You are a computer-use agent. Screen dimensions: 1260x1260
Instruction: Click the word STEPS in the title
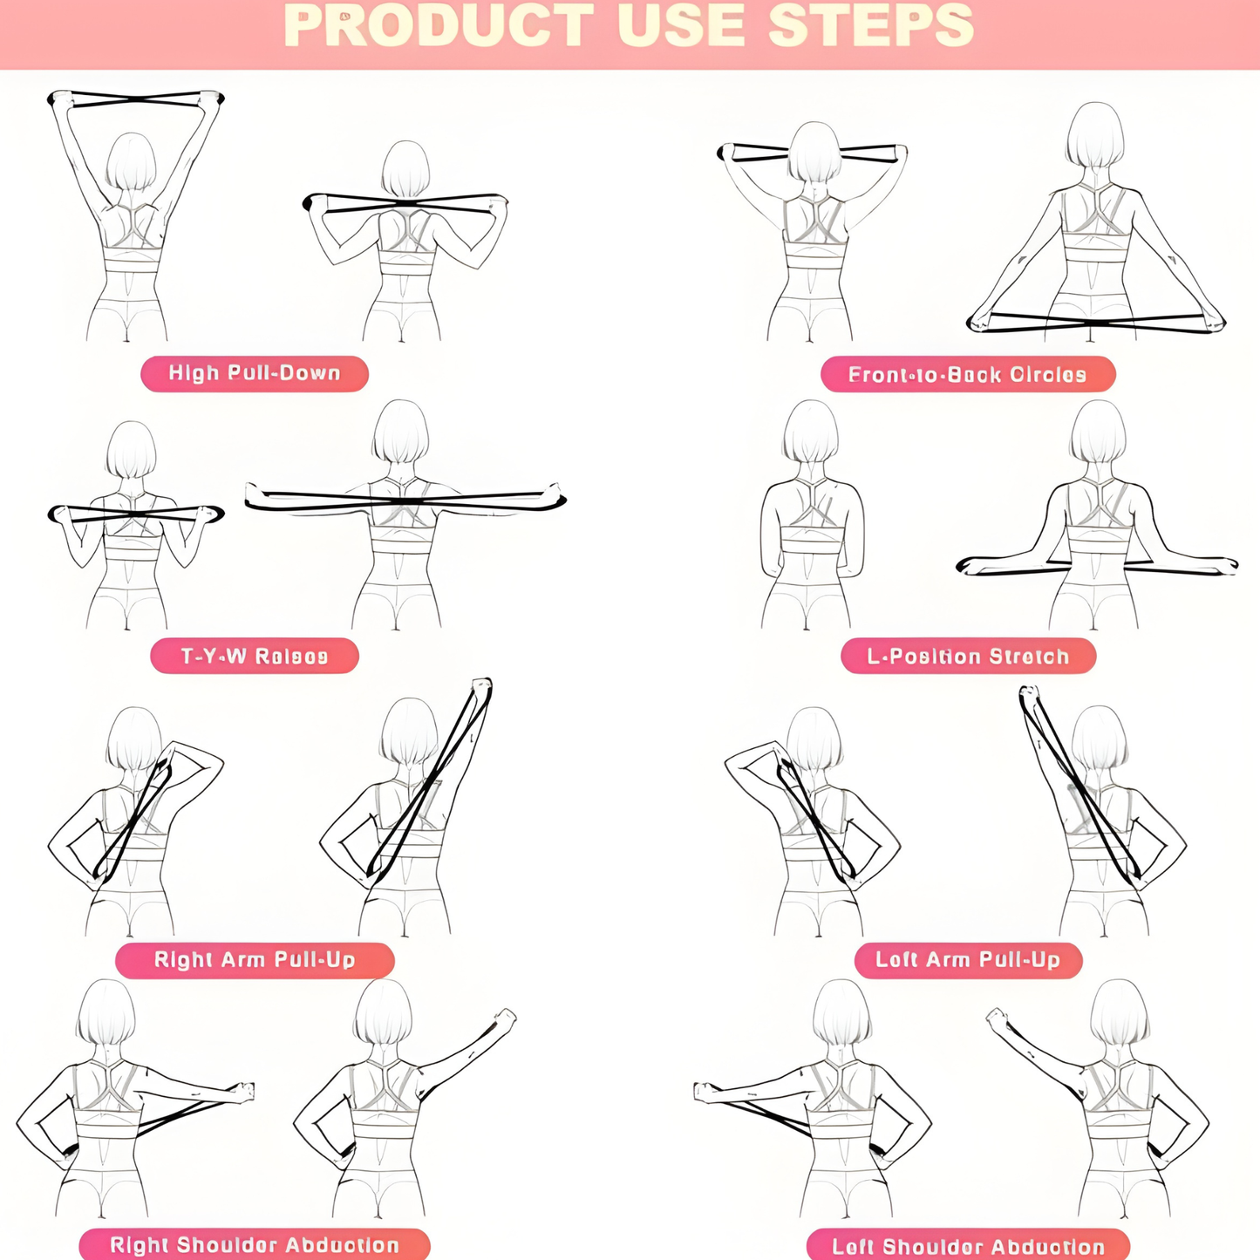point(870,26)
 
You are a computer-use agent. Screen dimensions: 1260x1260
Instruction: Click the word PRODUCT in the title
point(439,26)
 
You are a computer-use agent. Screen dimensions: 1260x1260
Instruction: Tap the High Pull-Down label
point(255,373)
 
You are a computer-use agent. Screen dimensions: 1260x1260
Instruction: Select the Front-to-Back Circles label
point(968,375)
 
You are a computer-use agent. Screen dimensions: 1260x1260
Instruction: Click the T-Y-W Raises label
point(255,656)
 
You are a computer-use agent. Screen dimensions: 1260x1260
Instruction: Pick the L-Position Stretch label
point(968,656)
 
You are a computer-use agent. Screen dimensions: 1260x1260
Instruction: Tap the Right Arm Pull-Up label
point(255,960)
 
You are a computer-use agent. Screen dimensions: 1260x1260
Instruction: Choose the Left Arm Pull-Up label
point(968,960)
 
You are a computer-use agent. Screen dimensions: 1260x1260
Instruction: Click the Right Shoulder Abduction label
point(255,1244)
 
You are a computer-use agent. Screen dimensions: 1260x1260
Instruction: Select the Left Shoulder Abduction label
point(968,1246)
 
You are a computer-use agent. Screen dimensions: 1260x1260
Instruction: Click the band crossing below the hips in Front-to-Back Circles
point(1096,323)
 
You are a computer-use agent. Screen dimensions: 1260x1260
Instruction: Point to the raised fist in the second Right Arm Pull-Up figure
point(481,685)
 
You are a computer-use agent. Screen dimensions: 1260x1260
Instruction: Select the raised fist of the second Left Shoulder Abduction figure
point(995,1018)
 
